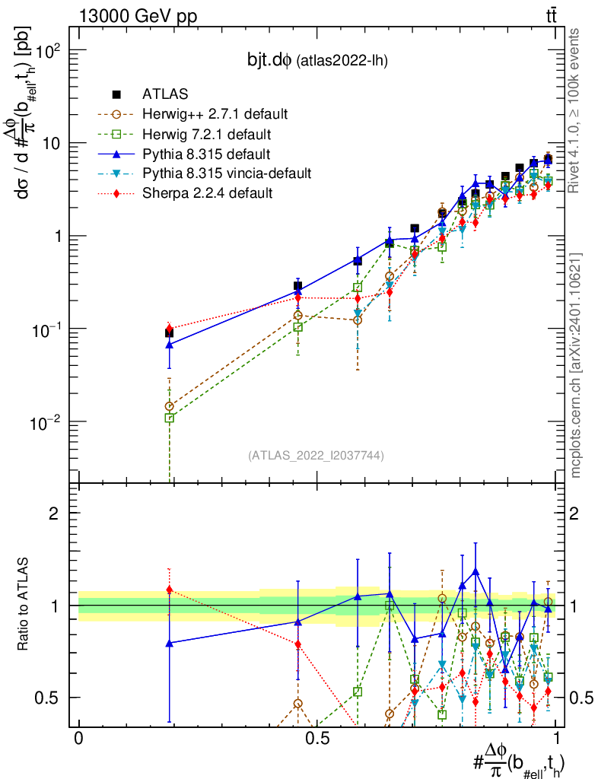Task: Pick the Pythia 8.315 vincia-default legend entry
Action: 227,173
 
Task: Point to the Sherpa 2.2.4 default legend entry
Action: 208,193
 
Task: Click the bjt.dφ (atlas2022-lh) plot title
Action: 318,61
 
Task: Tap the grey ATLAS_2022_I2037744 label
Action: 316,456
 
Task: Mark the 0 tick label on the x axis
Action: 78,739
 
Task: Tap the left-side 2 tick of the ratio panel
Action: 54,514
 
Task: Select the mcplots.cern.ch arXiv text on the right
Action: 577,365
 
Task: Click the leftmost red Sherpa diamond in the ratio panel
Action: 169,590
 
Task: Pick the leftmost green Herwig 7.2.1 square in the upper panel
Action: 169,418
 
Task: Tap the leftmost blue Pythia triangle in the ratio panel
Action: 169,643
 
